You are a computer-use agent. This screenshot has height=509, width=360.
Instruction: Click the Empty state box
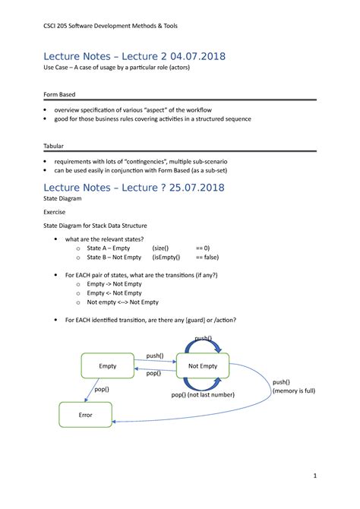pos(108,366)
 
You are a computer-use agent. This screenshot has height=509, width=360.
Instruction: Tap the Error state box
pos(86,416)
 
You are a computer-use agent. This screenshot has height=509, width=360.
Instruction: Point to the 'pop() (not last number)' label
pos(203,395)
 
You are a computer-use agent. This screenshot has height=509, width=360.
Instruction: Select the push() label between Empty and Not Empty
pos(155,356)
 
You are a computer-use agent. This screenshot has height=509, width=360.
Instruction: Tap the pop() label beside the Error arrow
pos(101,389)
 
